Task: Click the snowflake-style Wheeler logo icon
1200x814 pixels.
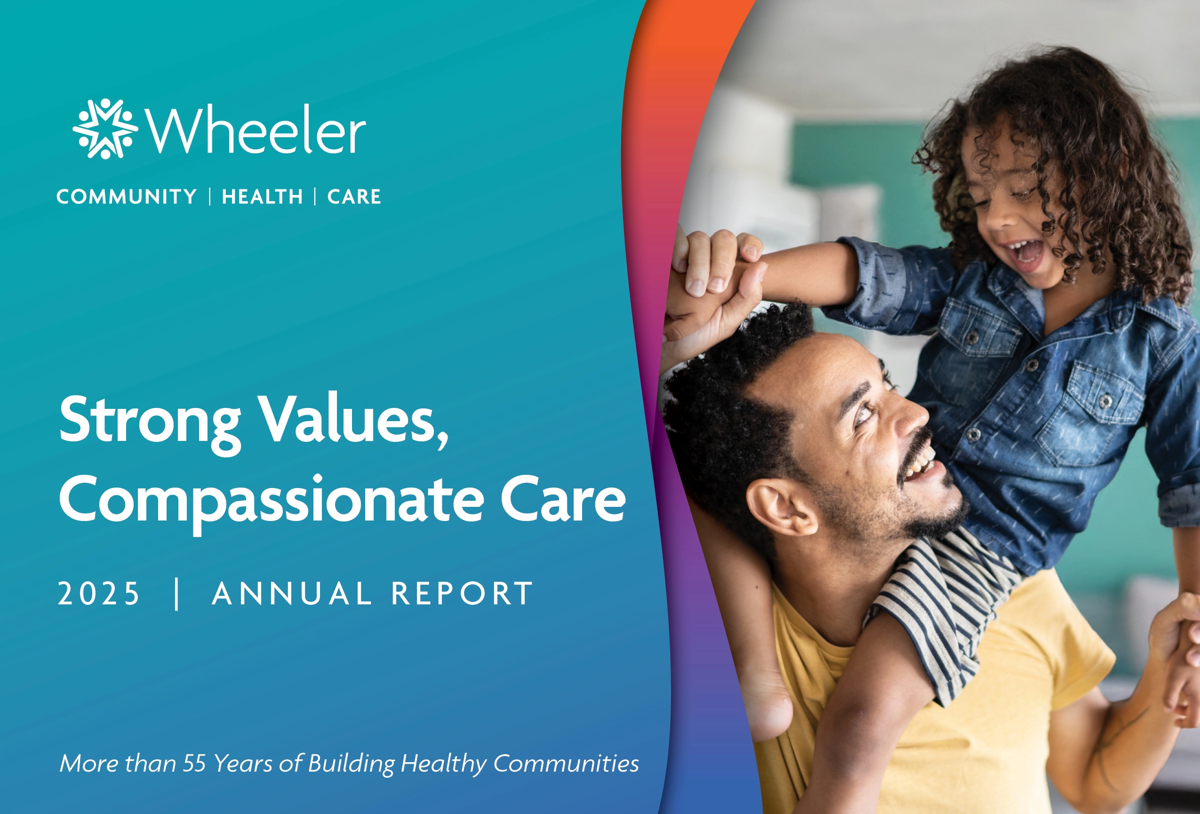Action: tap(105, 129)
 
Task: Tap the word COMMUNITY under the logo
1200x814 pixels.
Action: tap(127, 196)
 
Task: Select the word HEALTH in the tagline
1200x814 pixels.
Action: tap(262, 196)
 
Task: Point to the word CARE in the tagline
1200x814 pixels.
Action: tap(354, 196)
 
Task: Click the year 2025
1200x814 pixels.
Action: tap(99, 594)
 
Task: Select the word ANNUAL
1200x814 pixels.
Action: tap(292, 594)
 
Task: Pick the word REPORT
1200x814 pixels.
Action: tap(462, 594)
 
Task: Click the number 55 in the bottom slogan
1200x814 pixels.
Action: tap(195, 763)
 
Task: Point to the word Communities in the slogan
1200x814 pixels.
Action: tap(566, 763)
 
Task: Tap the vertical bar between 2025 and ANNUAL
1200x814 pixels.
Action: tap(177, 594)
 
